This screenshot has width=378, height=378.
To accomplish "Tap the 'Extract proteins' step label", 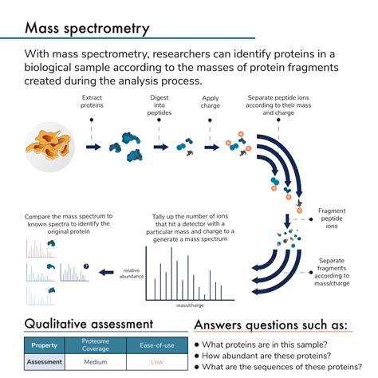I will [x=93, y=100].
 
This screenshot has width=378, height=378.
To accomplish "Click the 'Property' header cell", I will [x=44, y=345].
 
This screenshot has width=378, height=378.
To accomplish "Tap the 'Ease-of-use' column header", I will [x=157, y=345].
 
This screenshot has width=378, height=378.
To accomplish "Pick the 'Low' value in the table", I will [x=157, y=361].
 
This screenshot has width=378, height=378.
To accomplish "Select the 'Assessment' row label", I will [x=44, y=361].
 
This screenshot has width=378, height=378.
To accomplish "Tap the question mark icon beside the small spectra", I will [x=86, y=266].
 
